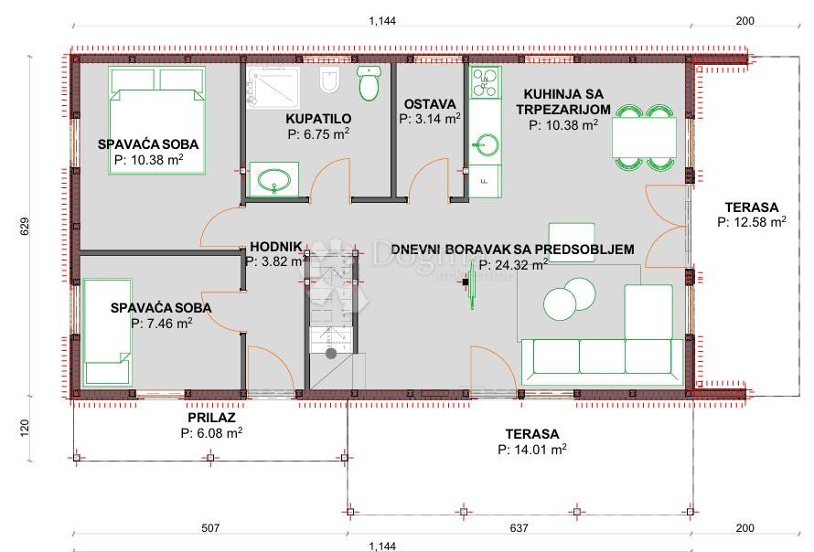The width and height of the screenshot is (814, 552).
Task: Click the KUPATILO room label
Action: click(318, 119)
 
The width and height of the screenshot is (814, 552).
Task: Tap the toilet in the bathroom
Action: click(370, 83)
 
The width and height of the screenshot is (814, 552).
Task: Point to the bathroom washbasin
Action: click(273, 179)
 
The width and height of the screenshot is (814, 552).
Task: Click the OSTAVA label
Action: click(430, 104)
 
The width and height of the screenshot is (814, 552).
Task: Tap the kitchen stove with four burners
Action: click(486, 82)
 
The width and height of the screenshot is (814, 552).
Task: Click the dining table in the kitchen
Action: click(644, 137)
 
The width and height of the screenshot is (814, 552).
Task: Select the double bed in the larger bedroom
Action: click(157, 120)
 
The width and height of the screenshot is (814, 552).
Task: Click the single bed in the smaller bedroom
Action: click(107, 332)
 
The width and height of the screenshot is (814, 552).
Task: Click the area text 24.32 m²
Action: click(513, 265)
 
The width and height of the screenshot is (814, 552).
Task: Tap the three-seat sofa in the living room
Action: click(602, 361)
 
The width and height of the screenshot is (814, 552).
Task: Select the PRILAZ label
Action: click(211, 418)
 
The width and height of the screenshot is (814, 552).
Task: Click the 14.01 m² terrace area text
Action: click(531, 450)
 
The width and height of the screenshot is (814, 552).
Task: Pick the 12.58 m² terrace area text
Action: click(751, 222)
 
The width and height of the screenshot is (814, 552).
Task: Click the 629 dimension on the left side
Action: click(25, 227)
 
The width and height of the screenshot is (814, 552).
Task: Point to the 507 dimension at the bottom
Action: click(210, 528)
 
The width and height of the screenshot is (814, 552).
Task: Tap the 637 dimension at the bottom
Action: click(519, 528)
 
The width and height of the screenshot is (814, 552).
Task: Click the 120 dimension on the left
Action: click(25, 428)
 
